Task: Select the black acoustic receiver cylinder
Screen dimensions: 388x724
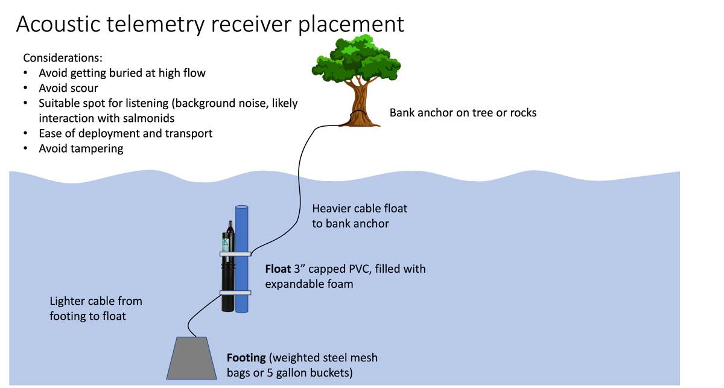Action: (227, 278)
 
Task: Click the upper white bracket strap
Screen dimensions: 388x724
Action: (234, 254)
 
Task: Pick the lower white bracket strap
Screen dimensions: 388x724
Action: (234, 293)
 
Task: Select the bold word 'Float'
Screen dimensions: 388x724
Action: (278, 269)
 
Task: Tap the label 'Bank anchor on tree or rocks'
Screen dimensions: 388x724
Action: (463, 112)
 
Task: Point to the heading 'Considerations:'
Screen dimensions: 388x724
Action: (63, 58)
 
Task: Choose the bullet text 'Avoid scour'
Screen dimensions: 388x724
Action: (69, 88)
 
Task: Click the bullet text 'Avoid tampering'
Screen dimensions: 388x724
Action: (81, 148)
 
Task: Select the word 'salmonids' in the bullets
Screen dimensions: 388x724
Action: (149, 118)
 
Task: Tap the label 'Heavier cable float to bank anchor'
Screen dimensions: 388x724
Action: (360, 216)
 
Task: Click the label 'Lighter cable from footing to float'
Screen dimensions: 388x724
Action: (96, 308)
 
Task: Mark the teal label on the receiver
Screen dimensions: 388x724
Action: (226, 243)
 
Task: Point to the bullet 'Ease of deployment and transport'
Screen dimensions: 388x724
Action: (126, 133)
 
